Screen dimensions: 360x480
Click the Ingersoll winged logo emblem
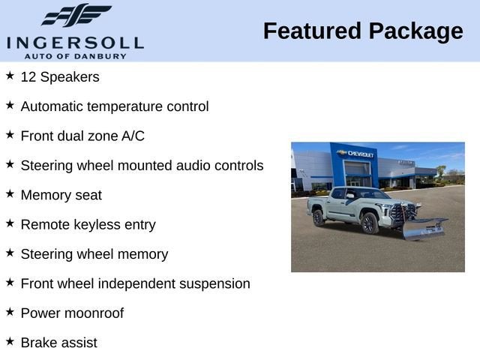76,16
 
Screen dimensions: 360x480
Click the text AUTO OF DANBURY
75,55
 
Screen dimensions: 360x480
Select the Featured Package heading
363,31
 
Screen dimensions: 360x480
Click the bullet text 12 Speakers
60,76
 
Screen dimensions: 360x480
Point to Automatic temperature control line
115,106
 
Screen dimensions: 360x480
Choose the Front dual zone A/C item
82,136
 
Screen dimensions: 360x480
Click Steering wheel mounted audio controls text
142,165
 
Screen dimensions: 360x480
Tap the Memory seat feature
61,195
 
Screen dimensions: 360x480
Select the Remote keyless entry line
88,224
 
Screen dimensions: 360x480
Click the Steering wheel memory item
94,254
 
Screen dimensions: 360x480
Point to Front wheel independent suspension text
136,283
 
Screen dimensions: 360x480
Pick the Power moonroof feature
72,313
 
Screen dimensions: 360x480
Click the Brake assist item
59,343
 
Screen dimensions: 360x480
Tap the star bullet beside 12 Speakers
10,76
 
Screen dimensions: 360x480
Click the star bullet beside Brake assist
10,341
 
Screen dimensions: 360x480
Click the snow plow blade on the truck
423,228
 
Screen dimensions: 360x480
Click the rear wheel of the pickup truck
318,217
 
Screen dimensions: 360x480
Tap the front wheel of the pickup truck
369,223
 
